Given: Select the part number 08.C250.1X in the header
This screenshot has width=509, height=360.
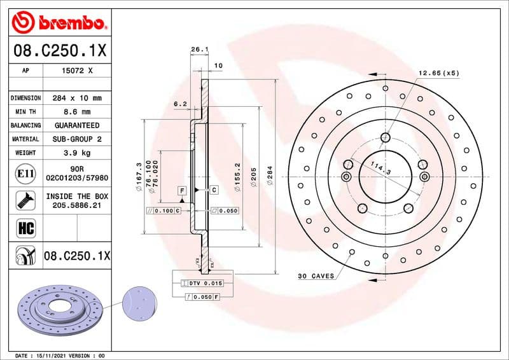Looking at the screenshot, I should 59,50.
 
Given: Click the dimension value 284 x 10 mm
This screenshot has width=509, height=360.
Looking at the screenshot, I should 76,99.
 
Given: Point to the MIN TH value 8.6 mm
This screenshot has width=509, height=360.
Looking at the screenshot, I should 76,112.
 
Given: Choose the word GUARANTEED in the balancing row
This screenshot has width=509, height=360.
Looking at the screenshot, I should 76,125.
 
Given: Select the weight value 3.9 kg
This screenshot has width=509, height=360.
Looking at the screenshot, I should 76,153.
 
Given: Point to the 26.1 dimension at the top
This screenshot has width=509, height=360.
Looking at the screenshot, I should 199,49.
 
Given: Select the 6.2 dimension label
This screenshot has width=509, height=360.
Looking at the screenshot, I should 180,104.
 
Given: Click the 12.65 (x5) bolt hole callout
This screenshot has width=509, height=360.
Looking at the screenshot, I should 438,73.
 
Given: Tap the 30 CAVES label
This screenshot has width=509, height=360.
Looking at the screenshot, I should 315,276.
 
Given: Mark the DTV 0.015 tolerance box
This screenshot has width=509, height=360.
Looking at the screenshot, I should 206,282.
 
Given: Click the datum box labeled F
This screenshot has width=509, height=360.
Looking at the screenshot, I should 182,190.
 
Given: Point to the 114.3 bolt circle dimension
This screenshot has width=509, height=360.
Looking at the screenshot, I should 380,169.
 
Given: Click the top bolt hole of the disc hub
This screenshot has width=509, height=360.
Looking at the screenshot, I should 386,137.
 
